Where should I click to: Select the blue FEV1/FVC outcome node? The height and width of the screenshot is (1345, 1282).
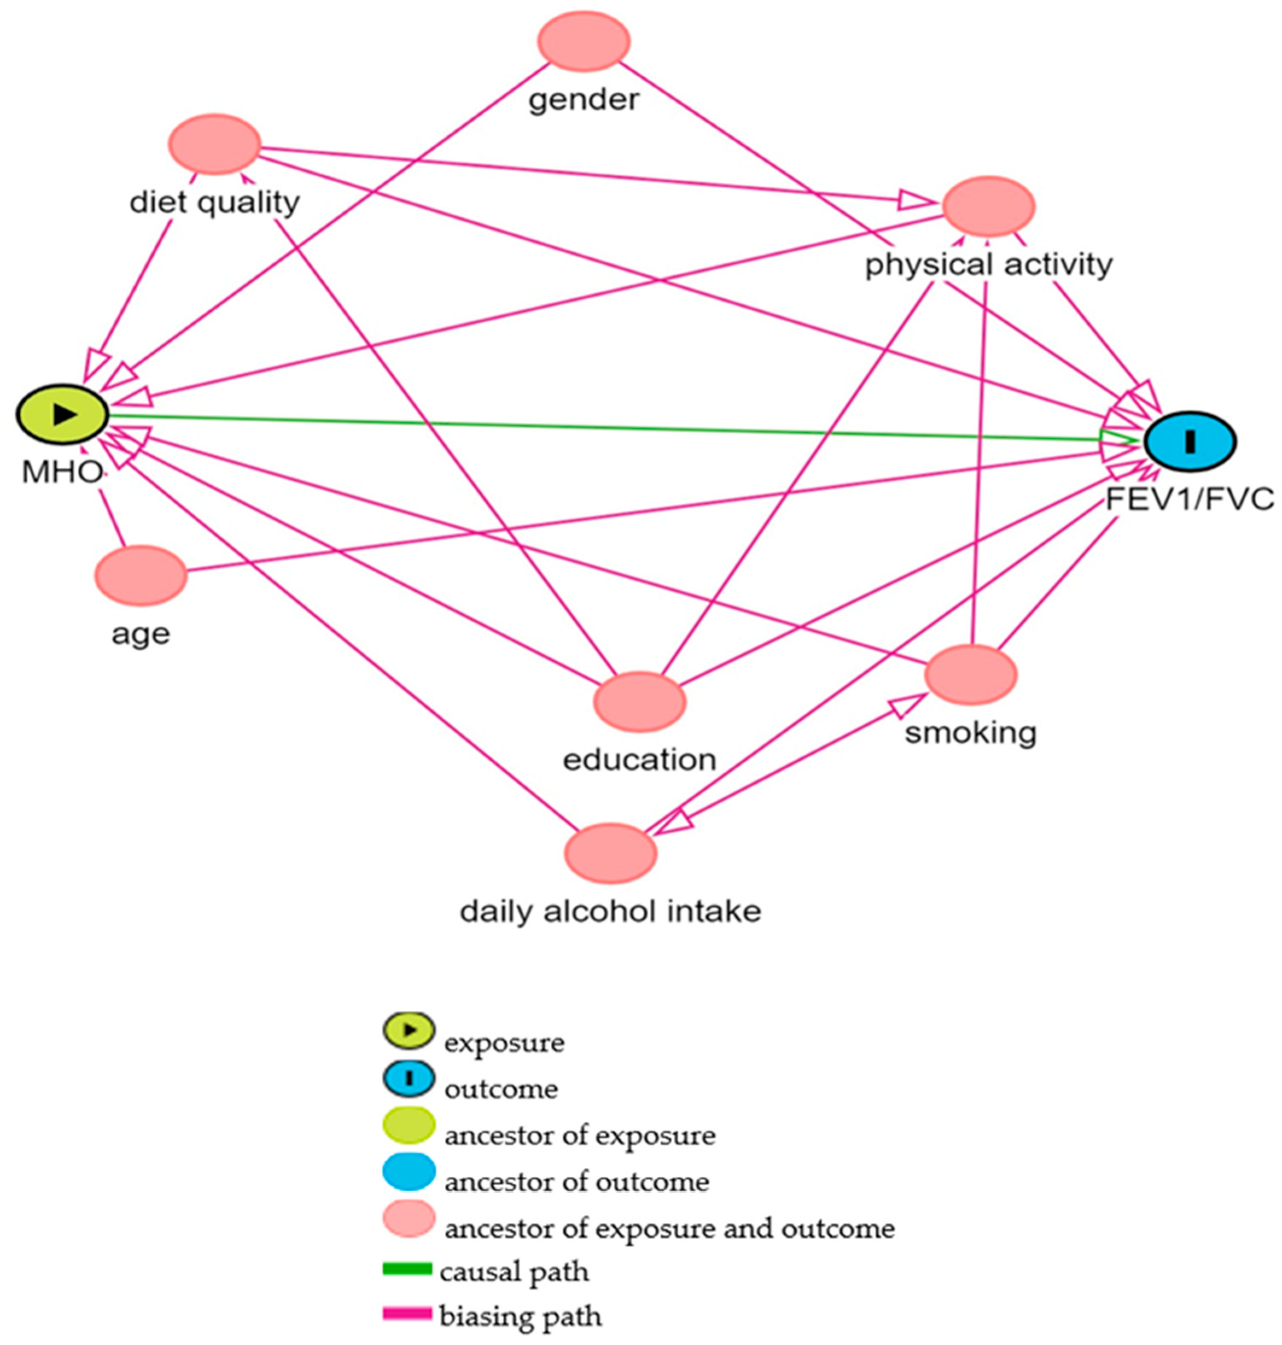(x=1190, y=441)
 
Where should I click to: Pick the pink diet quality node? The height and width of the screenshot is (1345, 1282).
(x=215, y=144)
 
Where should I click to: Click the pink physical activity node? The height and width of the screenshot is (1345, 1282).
(x=988, y=207)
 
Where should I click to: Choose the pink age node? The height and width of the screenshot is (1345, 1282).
(x=141, y=575)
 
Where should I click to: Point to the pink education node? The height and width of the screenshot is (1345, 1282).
(x=640, y=702)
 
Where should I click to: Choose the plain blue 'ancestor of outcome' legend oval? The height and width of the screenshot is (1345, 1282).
(x=408, y=1171)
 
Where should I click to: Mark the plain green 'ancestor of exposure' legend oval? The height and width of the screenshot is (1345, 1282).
(x=408, y=1125)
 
